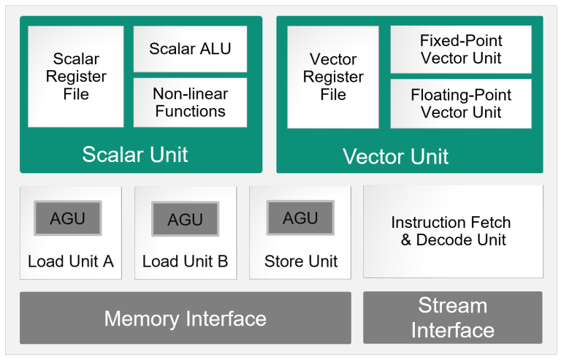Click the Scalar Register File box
(x=76, y=77)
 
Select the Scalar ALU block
(x=190, y=49)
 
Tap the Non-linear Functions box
(x=190, y=103)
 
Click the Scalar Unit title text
(x=135, y=154)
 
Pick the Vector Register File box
(x=333, y=77)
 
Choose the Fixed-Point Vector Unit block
(x=460, y=50)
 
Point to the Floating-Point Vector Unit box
(x=460, y=104)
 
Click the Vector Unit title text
(x=395, y=156)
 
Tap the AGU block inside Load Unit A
(x=67, y=218)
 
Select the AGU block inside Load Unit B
(x=185, y=219)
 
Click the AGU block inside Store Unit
(x=299, y=218)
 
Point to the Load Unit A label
(x=71, y=261)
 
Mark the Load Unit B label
(x=185, y=261)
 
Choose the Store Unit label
(x=301, y=261)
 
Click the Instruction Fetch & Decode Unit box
(x=453, y=231)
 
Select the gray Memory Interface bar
(x=185, y=318)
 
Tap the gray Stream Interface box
(x=452, y=318)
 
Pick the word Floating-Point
(x=461, y=95)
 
